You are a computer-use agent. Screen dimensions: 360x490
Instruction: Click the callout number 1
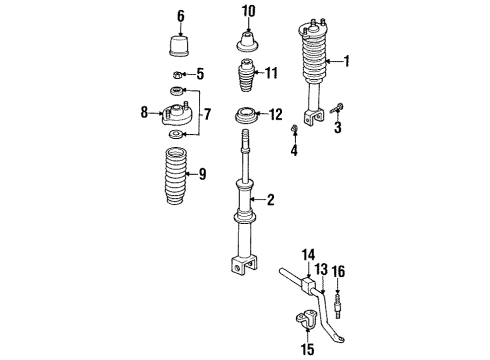point(348,62)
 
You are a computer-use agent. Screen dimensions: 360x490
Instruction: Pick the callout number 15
point(308,349)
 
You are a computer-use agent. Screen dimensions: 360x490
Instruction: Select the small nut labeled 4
point(295,132)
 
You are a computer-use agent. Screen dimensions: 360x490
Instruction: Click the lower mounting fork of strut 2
point(244,266)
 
